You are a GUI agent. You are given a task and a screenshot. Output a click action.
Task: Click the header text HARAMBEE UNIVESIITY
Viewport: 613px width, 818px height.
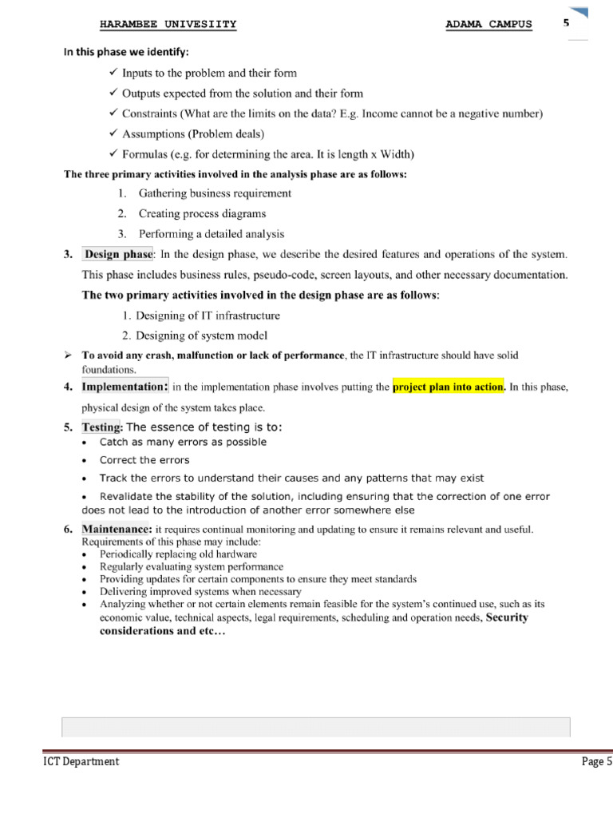168,24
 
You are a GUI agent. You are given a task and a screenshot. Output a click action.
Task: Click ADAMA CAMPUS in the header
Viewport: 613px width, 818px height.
488,24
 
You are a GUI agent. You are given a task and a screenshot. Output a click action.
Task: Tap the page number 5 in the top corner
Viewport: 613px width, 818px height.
566,23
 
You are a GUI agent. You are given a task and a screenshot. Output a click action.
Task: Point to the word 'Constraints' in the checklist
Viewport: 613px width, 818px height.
150,114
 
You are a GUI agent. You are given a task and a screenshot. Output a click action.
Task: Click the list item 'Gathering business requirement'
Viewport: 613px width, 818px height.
215,193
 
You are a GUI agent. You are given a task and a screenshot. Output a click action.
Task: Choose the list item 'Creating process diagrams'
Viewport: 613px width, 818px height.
202,214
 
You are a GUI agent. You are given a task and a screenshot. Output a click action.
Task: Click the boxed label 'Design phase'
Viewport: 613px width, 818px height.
118,255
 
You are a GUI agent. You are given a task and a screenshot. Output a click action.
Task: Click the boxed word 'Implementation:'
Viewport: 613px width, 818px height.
125,387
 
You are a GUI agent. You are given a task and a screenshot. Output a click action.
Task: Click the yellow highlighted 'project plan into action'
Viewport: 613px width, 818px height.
449,387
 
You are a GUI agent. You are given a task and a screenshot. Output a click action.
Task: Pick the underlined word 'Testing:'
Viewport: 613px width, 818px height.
101,427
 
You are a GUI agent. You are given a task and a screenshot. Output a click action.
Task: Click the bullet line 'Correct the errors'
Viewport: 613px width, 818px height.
144,460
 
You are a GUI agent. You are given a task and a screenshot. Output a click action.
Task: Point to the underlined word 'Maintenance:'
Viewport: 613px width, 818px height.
116,530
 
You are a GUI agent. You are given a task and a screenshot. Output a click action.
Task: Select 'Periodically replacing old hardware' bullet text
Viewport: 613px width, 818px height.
178,554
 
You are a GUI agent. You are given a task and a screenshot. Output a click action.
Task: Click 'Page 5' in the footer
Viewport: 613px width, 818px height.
596,762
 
